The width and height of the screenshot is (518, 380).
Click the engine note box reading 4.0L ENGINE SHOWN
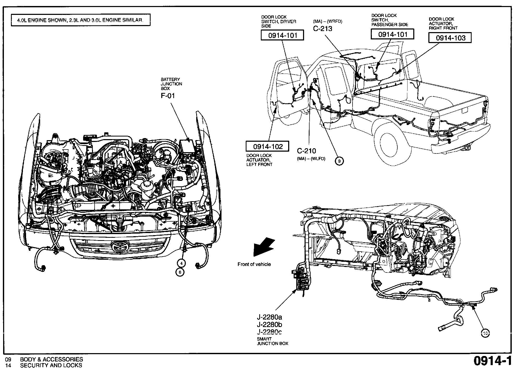[x=81, y=20]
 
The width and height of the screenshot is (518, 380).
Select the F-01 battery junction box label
[x=168, y=96]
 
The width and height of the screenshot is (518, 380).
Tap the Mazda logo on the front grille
[x=120, y=246]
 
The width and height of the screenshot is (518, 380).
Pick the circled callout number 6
[x=180, y=272]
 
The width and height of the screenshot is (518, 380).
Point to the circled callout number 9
[x=339, y=161]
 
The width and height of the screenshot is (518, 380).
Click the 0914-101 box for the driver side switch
[x=282, y=35]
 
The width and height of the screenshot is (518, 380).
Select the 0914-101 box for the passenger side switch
[x=392, y=34]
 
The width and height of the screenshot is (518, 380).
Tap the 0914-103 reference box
[x=450, y=38]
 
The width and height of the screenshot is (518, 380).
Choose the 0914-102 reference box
[x=268, y=146]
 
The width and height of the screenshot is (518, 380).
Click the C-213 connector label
[x=323, y=28]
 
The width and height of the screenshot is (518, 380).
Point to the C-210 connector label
[x=306, y=151]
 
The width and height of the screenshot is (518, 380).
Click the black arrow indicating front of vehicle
[x=263, y=247]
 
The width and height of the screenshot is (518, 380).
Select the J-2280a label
[x=269, y=317]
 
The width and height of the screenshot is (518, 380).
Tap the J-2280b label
[x=269, y=325]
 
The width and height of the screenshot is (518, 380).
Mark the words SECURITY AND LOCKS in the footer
[x=51, y=365]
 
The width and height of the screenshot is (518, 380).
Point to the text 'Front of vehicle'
[x=254, y=264]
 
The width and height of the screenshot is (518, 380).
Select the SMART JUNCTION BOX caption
[x=273, y=341]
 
